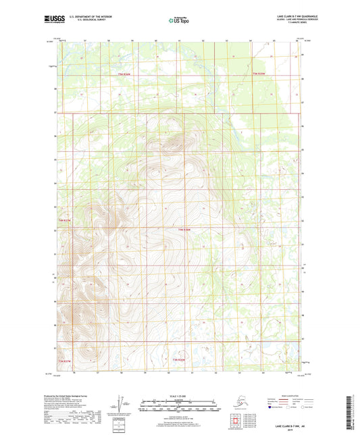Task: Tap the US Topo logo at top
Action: coord(179,20)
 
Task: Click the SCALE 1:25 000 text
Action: coord(180,395)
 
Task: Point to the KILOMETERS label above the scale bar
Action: coord(180,399)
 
